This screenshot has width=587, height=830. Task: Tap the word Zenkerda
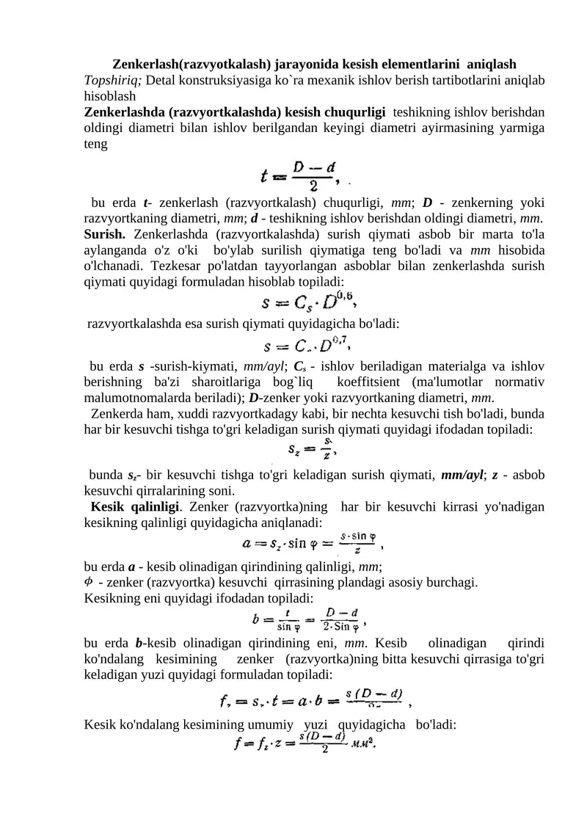click(115, 414)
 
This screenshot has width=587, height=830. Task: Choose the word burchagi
click(454, 583)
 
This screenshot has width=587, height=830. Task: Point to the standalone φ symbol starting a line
click(90, 581)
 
